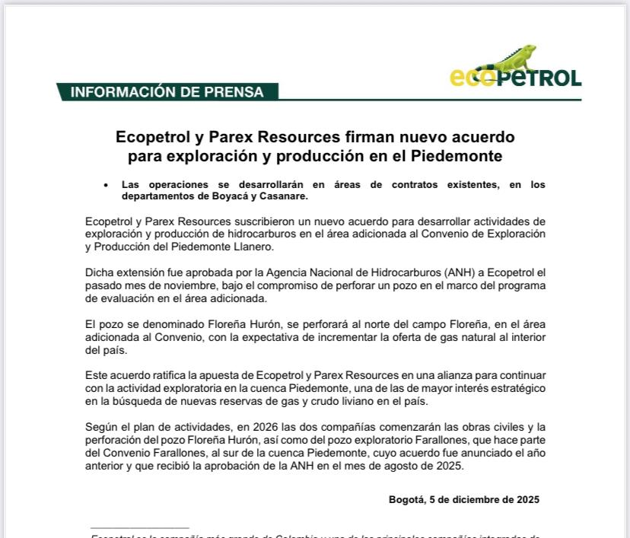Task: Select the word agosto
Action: [x=397, y=466]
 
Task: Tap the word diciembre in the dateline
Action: [x=484, y=499]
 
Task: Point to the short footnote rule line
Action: [x=139, y=527]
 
